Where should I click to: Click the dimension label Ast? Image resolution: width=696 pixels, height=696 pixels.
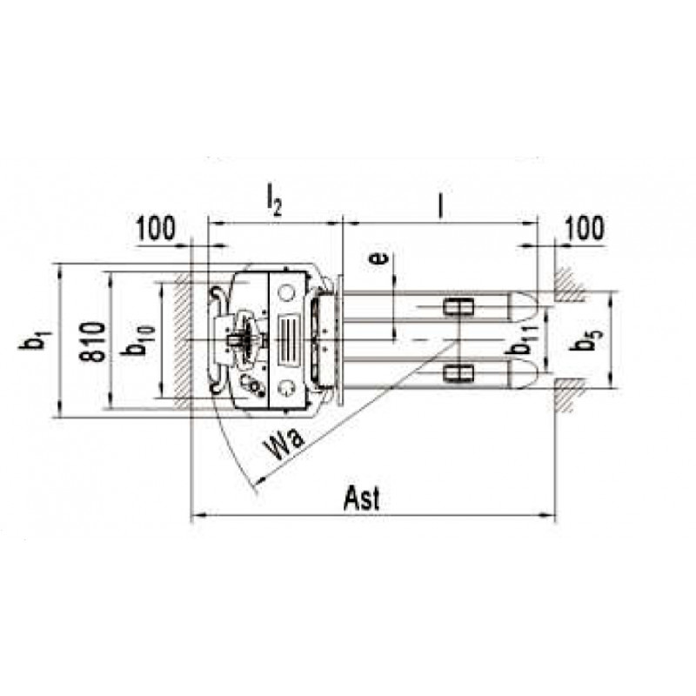362,499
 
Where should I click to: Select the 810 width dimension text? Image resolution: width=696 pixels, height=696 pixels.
93,341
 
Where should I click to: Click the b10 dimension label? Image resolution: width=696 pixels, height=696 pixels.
138,342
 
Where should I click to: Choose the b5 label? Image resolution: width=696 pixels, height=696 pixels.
587,340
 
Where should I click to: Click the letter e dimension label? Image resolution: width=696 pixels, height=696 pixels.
378,258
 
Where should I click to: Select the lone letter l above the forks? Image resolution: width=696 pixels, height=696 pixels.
440,206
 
